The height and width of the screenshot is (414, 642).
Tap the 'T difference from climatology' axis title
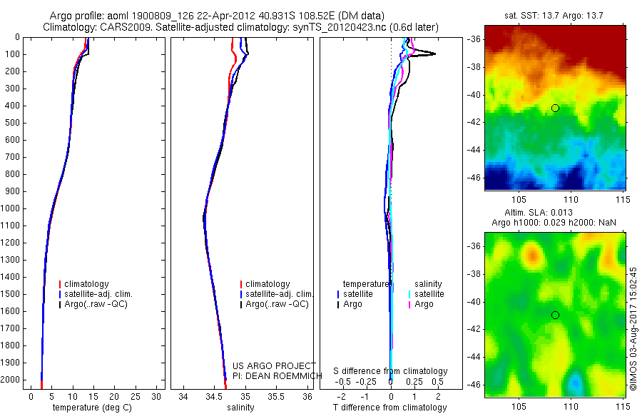point(390,408)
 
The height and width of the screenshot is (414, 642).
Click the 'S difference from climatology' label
point(390,371)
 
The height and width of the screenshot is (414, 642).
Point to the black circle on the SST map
point(555,108)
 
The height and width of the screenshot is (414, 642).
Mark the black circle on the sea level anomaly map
point(555,315)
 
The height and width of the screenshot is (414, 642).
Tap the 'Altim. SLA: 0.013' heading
point(554,213)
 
